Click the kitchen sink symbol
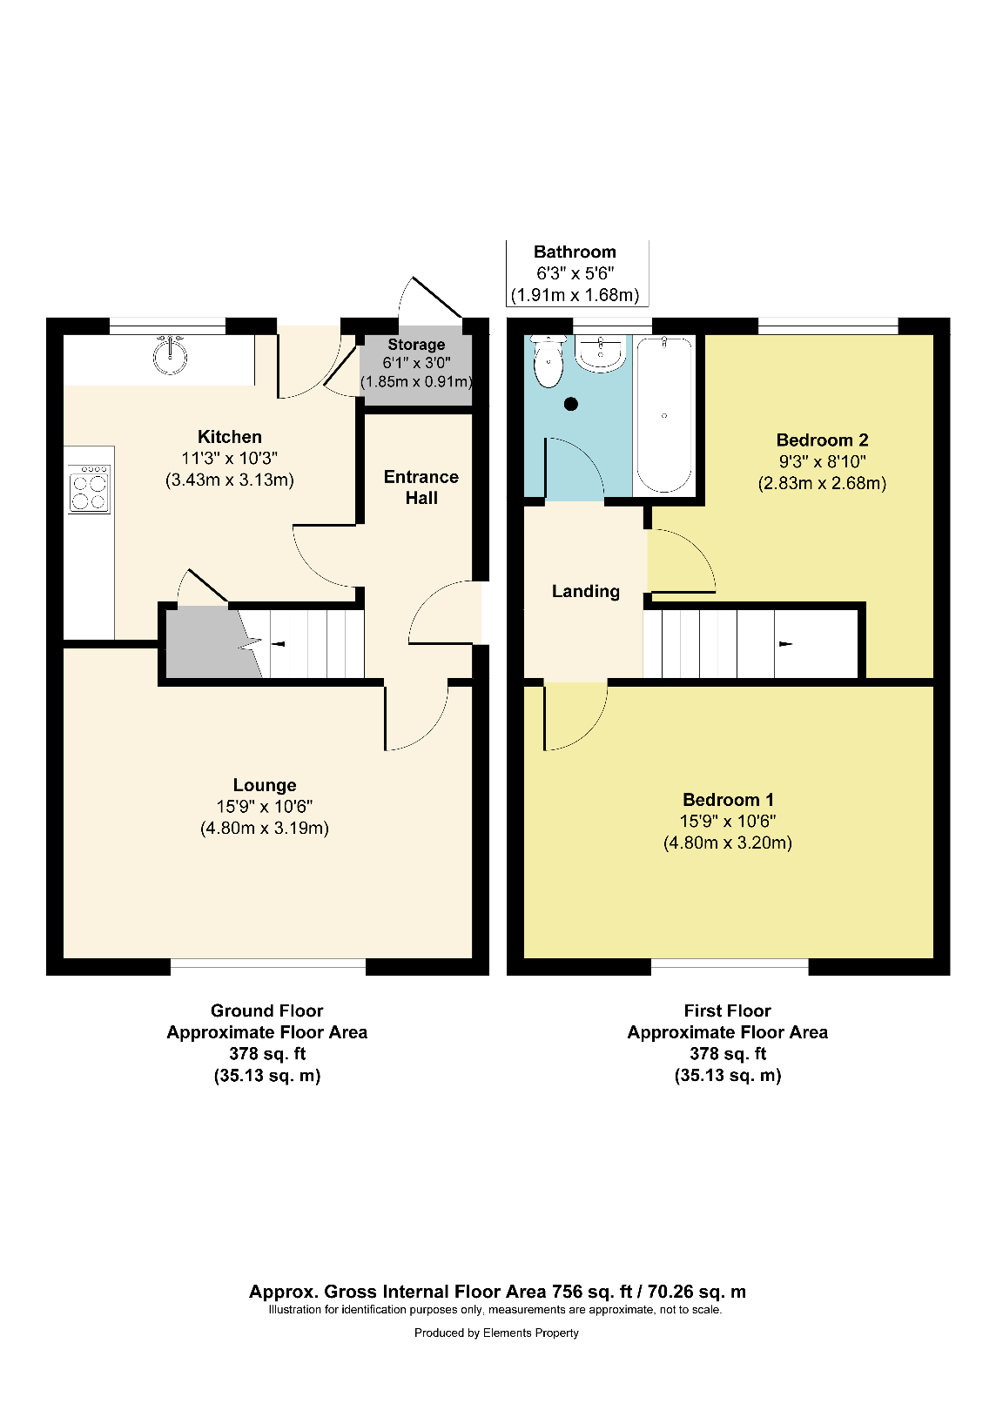(171, 354)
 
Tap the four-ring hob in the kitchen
(90, 490)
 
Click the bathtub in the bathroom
(664, 414)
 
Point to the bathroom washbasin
(602, 353)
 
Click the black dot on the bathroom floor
(571, 404)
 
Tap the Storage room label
(416, 345)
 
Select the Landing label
(586, 592)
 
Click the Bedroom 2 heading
(822, 440)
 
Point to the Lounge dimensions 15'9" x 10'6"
(265, 807)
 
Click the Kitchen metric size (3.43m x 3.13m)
(230, 480)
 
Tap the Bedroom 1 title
(728, 800)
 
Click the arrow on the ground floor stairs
(279, 644)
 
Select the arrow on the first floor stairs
(785, 644)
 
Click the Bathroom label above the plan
(575, 252)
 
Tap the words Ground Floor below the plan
(266, 1010)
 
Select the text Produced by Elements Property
(496, 1333)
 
